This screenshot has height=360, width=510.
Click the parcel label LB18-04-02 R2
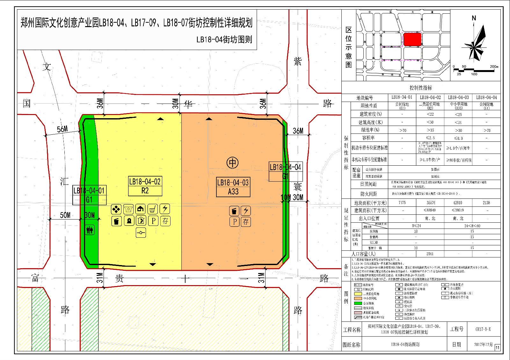145,186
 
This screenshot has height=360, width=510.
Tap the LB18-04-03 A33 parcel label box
233,187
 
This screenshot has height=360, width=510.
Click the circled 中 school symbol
232,163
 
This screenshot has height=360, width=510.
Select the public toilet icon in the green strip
90,230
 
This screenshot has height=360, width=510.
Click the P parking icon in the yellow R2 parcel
153,221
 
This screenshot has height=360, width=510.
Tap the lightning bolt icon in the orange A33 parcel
246,211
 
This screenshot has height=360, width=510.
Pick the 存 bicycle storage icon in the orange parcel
246,222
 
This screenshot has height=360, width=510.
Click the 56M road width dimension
62,129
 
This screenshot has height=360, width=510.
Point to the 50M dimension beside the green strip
65,215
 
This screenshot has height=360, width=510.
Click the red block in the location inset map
412,40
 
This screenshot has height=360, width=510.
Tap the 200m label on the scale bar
494,67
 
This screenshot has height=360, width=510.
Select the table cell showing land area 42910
458,203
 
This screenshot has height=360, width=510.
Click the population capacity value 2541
430,254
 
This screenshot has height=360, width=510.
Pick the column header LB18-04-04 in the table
486,97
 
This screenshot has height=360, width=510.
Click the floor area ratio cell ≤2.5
430,138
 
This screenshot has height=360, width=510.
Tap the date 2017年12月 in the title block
483,344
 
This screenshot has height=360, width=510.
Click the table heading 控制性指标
421,88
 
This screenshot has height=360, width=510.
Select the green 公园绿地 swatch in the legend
358,303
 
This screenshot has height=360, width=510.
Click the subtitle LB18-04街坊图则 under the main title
224,40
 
